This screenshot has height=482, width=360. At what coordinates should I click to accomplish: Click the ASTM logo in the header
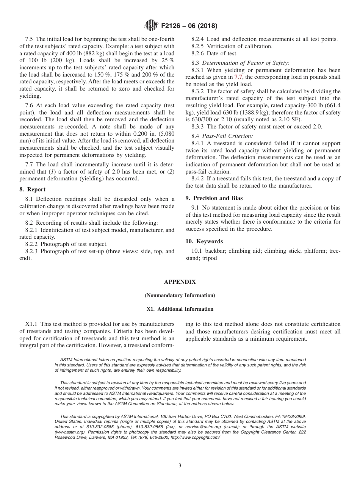[x=151, y=26]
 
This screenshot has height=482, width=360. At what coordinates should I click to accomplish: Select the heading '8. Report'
[x=33, y=189]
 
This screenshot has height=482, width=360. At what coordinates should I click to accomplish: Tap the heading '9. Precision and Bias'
[x=214, y=198]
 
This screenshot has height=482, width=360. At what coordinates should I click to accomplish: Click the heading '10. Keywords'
[x=204, y=241]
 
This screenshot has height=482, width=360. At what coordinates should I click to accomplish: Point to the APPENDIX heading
[x=180, y=282]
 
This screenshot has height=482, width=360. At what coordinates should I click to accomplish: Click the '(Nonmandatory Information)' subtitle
[x=180, y=295]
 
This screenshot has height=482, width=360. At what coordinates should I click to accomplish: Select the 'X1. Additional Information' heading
[x=180, y=309]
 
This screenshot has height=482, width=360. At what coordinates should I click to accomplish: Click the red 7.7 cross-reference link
[x=238, y=77]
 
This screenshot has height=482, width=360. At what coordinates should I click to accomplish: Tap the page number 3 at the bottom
[x=180, y=466]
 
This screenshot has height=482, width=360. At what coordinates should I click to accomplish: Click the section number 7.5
[x=30, y=39]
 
